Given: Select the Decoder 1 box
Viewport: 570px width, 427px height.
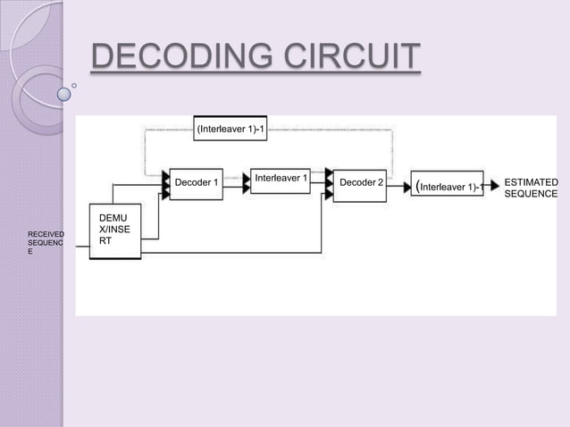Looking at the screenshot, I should point(197,183).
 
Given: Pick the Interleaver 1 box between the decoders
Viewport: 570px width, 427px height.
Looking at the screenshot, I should point(281,179).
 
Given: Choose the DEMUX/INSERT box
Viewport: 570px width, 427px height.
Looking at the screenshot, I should point(115,232).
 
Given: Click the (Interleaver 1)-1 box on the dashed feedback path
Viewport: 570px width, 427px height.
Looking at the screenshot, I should point(230,129).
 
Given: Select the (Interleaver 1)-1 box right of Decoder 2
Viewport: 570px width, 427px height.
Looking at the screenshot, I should point(448,186).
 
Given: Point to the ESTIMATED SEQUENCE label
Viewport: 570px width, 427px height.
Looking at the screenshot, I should point(531,188).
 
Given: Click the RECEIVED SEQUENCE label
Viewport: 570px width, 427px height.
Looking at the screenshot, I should point(46,243).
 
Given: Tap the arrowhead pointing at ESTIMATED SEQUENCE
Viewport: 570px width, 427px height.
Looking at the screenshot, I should point(492,186).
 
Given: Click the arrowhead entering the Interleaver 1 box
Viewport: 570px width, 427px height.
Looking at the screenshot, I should point(247,183).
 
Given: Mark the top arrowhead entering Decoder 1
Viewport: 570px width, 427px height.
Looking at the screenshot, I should point(165,173).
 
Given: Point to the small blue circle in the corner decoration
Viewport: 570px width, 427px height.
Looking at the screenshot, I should point(65,92).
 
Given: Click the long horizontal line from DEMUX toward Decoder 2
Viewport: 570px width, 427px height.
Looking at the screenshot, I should point(232,253).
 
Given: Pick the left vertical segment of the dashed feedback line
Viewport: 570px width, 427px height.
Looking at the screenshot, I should point(146,152).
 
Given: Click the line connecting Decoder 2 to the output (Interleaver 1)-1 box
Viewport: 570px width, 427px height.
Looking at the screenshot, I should point(398,186).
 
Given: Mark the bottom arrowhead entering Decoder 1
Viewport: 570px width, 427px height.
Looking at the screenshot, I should point(165,193).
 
